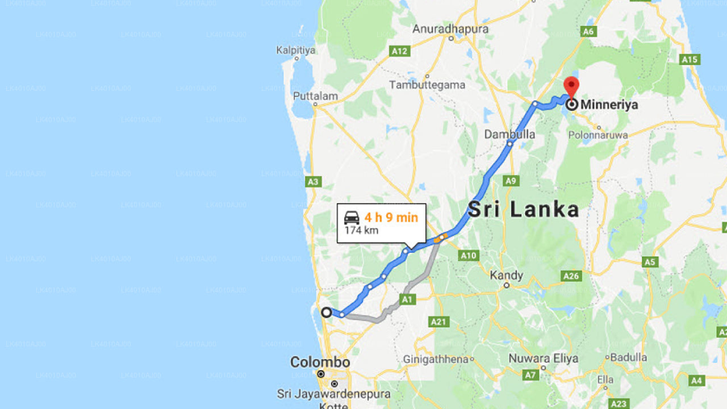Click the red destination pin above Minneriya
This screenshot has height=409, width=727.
point(571,87)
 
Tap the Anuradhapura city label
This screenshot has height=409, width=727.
point(450,29)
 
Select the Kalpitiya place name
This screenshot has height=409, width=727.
point(295,51)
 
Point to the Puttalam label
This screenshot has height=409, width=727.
point(315,96)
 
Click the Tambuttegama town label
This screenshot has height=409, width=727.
point(427,85)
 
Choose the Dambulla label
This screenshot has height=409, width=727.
point(509,135)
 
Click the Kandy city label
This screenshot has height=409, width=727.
point(506,276)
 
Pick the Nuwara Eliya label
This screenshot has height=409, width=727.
point(543,358)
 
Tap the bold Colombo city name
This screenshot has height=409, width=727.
point(320,362)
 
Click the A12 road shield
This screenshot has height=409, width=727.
point(399,52)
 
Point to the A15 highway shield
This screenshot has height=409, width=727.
point(690,59)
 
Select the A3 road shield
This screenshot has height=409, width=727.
point(313,182)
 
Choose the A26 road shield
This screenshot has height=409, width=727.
point(571,276)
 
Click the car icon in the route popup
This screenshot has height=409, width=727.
point(352,218)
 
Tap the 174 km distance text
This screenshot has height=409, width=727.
point(361,231)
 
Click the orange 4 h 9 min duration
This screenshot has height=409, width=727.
point(391,218)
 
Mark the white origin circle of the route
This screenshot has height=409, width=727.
point(327,312)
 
